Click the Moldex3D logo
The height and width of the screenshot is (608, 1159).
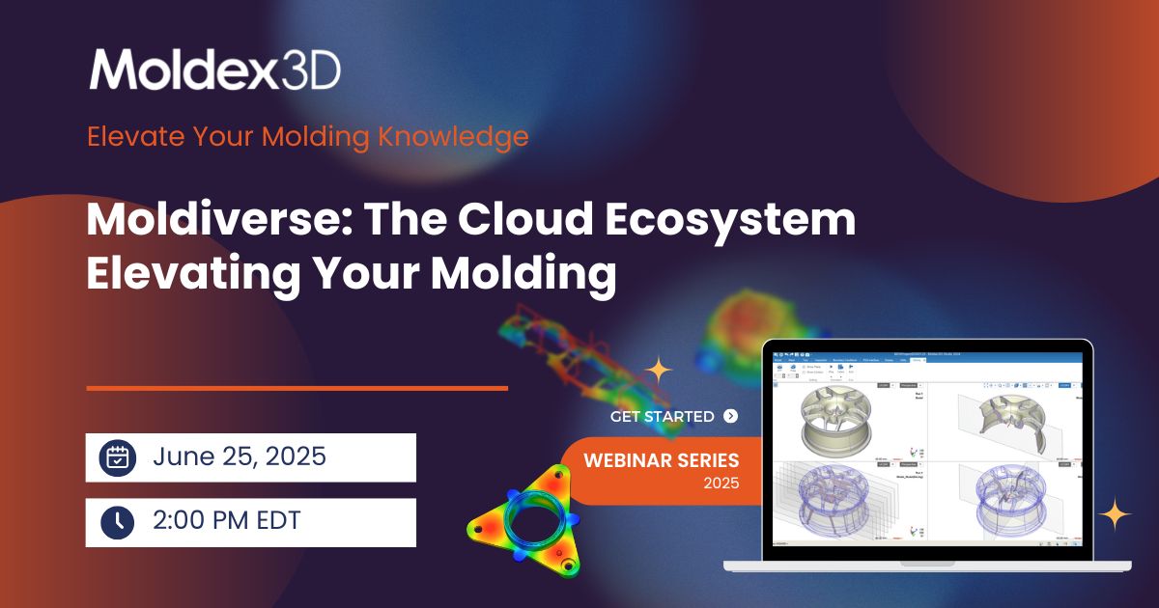[214, 69]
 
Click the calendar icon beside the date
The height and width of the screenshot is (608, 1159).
[118, 457]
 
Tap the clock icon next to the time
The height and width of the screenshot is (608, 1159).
[118, 522]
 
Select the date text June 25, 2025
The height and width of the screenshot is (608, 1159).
[239, 456]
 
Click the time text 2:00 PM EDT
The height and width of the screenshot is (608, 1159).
[227, 521]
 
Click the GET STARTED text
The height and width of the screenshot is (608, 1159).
[663, 417]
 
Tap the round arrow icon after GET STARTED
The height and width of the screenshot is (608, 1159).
[730, 416]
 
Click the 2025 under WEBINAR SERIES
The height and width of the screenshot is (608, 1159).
[721, 483]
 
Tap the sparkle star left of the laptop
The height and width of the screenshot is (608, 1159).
[659, 370]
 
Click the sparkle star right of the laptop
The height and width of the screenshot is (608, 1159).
[1115, 513]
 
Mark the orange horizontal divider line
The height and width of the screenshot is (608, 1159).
[297, 388]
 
